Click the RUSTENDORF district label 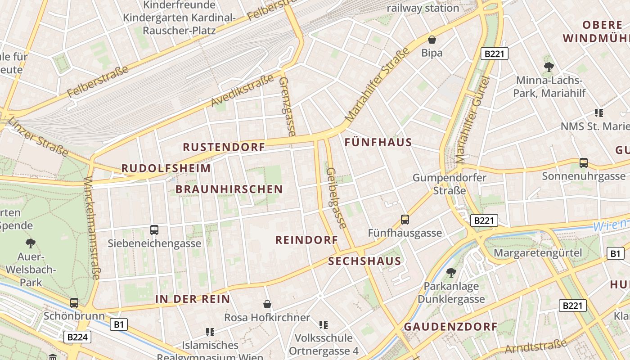coord(224,147)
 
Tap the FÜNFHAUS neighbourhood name coord(378,142)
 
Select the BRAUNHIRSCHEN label coord(229,189)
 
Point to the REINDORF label coord(306,240)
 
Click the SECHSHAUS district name coord(364,261)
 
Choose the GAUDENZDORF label coord(450,327)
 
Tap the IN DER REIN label coord(193,299)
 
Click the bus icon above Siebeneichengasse coord(154,230)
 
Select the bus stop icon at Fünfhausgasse coord(405,220)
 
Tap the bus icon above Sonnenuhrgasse coord(584,163)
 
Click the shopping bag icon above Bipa coord(432,40)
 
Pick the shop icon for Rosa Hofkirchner coord(267,304)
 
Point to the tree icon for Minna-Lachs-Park coord(549,67)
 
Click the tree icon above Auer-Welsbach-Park coord(31,243)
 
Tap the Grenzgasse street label coord(287,106)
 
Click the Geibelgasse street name coord(336,198)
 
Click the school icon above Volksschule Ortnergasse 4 coord(323,324)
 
